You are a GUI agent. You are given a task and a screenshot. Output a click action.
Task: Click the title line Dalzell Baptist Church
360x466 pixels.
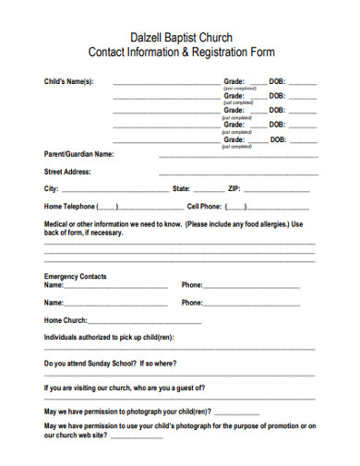click(180, 35)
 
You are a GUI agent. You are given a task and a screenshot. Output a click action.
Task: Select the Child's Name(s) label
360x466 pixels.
click(69, 82)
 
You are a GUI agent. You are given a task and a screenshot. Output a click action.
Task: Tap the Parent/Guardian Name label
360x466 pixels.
click(79, 154)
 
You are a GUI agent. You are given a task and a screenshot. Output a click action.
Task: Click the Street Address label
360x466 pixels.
click(67, 172)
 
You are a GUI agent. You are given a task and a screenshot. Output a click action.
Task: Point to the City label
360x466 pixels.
click(52, 188)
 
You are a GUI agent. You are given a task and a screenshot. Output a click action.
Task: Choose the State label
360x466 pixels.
click(183, 188)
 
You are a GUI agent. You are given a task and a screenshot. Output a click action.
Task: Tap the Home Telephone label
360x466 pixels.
click(69, 206)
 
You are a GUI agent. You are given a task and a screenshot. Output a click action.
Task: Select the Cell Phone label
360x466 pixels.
click(204, 206)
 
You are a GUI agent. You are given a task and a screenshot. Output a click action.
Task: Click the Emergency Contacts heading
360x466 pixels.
click(76, 277)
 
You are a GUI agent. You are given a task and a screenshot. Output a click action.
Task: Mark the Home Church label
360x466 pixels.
click(66, 320)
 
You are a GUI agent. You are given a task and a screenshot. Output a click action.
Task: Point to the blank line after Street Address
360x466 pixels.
click(238, 173)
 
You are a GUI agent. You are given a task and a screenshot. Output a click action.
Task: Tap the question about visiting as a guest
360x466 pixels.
click(125, 388)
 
